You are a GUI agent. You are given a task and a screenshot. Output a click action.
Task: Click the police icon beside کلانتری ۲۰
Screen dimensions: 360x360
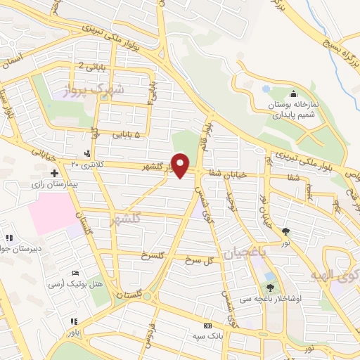coord(86,154)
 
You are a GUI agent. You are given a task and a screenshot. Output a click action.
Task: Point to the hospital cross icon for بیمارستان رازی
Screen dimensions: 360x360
coord(54,172)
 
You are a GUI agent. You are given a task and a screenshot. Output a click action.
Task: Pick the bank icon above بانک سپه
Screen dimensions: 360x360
coord(207,326)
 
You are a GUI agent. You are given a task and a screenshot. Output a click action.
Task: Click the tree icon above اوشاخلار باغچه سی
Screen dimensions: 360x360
coord(271,287)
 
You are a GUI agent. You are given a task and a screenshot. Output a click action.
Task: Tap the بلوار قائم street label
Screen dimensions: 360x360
coord(207,129)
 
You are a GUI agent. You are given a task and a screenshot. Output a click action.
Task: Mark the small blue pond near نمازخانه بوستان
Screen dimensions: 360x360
coord(266,89)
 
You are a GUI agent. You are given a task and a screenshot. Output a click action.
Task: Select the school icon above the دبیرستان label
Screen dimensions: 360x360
coord(9,238)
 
